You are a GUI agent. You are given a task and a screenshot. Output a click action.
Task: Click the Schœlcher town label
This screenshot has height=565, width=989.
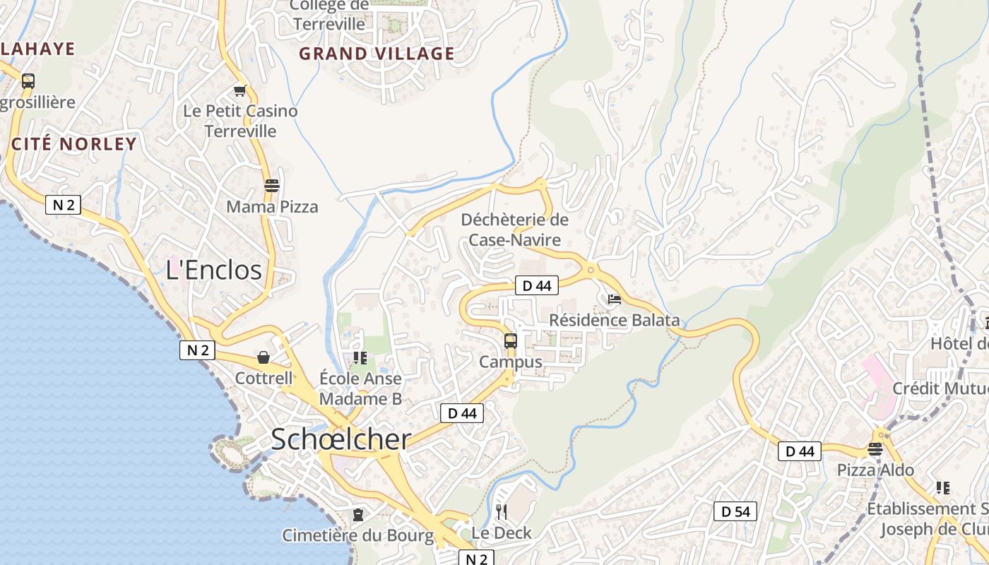pos(340,439)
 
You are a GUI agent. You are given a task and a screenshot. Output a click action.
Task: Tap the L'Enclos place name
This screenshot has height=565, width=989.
pos(213,270)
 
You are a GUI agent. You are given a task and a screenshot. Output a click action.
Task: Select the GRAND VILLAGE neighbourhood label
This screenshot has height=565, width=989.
pos(377,54)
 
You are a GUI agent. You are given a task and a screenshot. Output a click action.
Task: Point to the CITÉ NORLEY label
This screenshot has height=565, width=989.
pos(74,144)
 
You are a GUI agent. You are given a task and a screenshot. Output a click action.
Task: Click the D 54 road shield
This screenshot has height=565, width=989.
pos(735,511)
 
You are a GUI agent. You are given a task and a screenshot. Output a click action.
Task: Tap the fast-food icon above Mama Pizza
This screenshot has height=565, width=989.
pos(272,186)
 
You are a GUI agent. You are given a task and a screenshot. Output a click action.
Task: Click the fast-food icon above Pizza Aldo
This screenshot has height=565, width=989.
pos(875,449)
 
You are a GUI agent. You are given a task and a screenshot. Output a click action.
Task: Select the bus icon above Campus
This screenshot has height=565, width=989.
pos(511,341)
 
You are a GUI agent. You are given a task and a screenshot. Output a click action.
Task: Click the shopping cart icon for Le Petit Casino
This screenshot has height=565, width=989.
pos(240,90)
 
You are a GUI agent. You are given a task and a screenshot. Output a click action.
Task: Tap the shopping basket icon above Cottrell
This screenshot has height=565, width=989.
pos(263,357)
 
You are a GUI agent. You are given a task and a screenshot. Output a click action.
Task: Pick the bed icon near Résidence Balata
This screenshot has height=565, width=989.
pos(615,299)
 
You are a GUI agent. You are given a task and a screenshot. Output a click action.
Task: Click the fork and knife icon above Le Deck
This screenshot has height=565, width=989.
pos(502,511)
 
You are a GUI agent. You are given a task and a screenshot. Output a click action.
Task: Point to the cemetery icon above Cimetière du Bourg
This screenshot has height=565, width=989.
pos(358,514)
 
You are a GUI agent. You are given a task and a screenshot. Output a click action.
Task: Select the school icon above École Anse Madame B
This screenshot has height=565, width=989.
pos(360,358)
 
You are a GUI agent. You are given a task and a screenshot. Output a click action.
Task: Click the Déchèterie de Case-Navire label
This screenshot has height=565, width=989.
pos(514,230)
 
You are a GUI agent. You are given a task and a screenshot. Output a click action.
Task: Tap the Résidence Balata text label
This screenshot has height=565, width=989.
pos(614,320)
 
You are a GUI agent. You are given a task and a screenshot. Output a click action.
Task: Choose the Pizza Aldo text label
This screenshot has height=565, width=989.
pos(875,470)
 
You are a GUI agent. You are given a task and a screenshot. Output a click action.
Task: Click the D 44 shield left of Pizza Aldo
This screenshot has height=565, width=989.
pos(800,451)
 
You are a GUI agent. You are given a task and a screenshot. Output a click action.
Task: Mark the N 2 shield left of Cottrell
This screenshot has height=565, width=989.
pos(197,350)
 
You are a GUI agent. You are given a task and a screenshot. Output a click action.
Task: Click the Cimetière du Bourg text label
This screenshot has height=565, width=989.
pos(358,535)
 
